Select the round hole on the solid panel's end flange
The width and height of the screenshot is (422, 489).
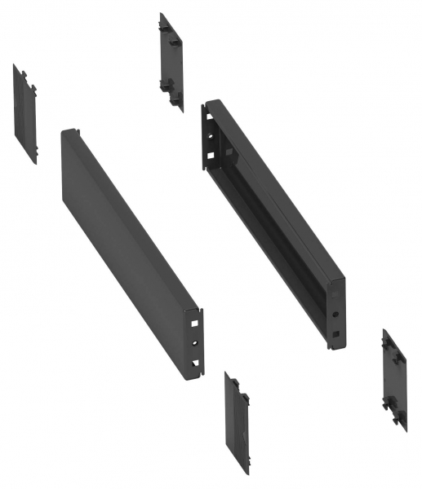[x=195, y=343]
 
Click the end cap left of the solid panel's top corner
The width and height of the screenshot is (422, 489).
[x=24, y=112]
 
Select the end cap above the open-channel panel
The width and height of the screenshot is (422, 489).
[x=171, y=61]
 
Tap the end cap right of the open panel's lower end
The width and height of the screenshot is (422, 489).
[x=394, y=378]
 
